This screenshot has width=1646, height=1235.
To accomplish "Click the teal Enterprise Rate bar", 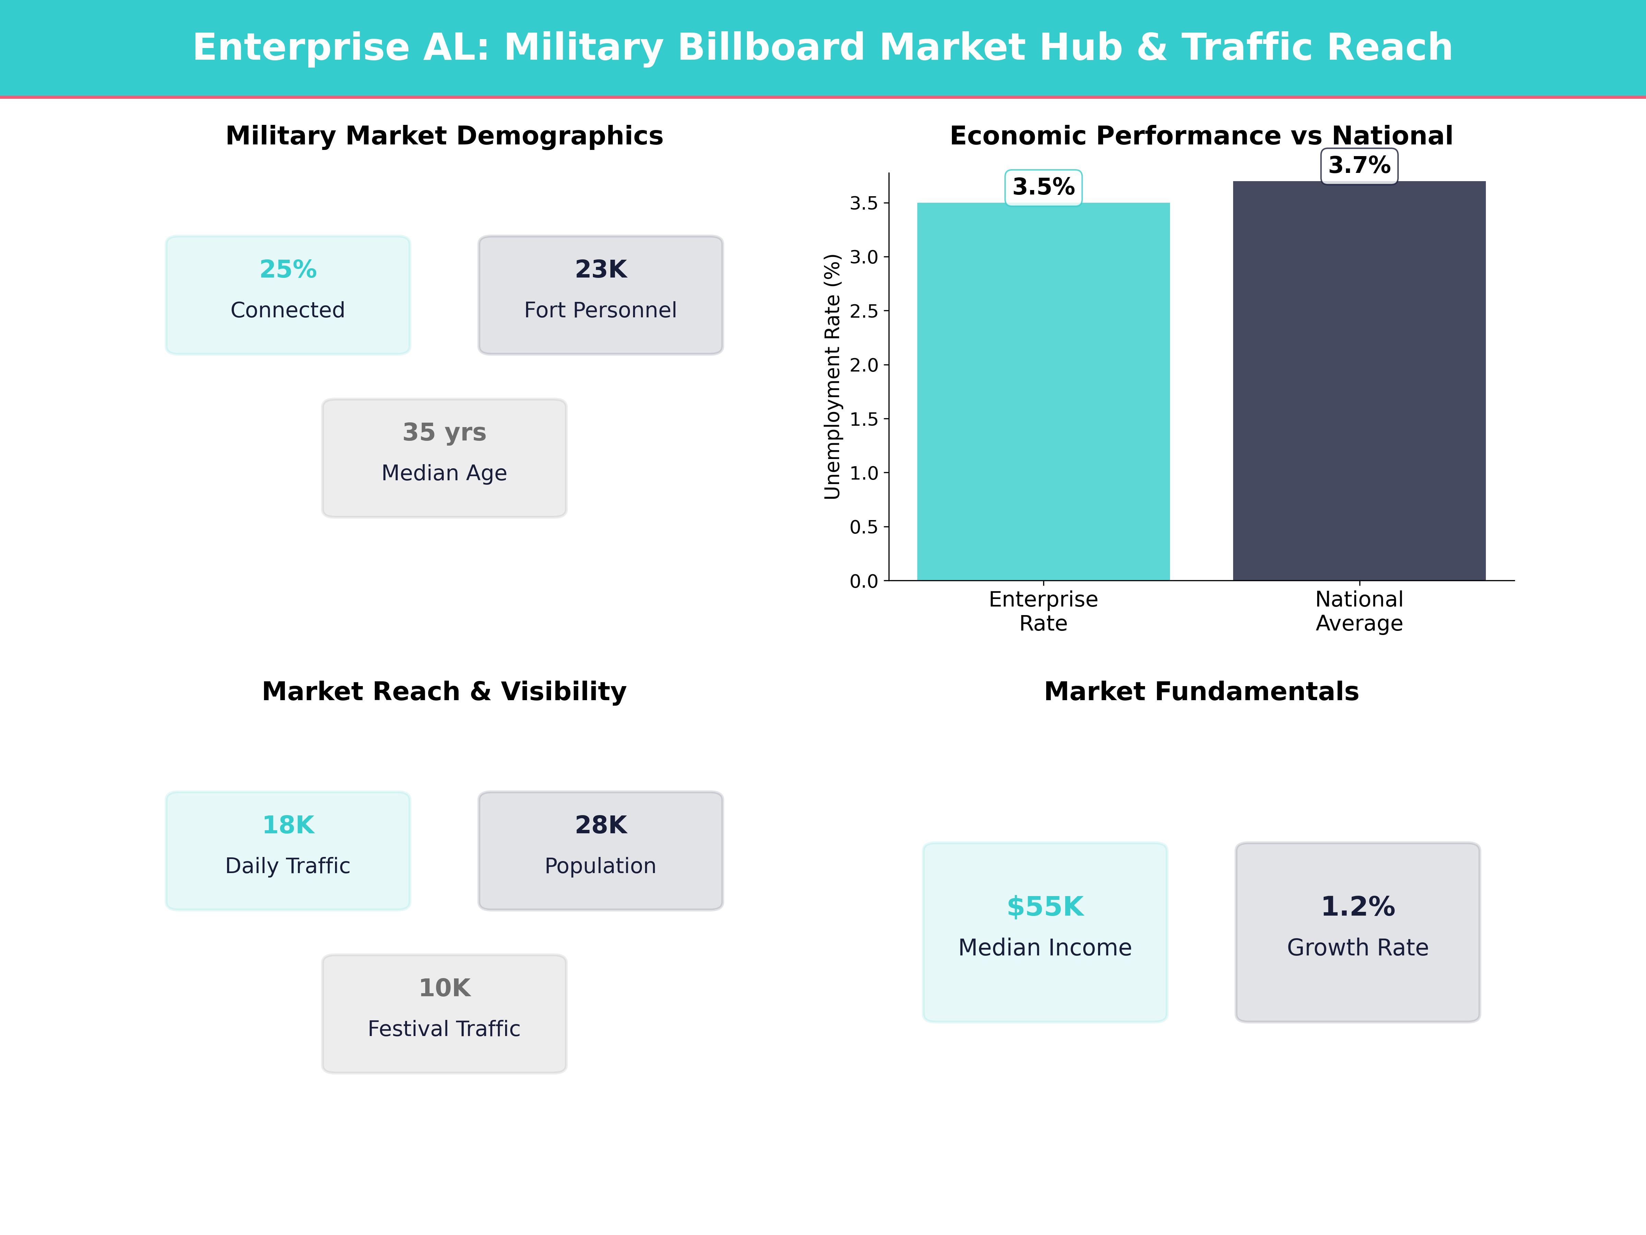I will [x=1043, y=391].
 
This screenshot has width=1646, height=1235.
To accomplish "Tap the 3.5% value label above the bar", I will [x=1043, y=187].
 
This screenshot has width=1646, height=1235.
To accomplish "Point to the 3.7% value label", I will [x=1359, y=165].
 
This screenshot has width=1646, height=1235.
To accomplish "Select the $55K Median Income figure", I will [x=1045, y=907].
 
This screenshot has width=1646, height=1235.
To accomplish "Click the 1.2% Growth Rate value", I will [x=1357, y=907].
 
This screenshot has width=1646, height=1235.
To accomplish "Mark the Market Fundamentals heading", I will [x=1201, y=692].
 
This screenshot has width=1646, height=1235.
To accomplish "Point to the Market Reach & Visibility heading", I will [x=444, y=692].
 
